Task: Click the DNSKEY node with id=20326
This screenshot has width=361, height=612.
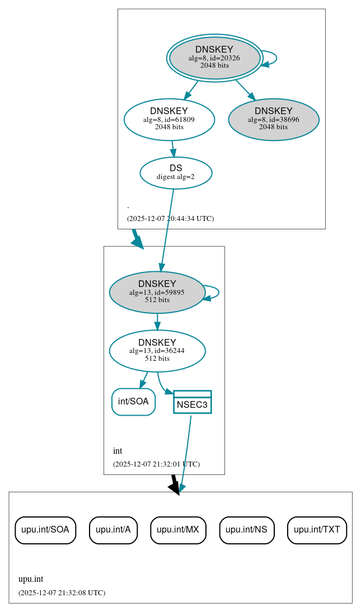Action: click(214, 58)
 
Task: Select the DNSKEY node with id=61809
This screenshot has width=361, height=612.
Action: click(169, 119)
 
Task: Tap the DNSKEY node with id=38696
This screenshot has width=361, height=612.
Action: click(273, 119)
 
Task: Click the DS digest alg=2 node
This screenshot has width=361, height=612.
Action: click(176, 173)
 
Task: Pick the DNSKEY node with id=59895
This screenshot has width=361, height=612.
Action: click(157, 292)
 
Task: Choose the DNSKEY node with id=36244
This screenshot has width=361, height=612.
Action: click(157, 351)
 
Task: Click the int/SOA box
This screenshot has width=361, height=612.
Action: click(133, 402)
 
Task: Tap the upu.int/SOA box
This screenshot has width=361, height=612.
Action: click(45, 530)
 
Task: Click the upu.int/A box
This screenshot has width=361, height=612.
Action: click(113, 530)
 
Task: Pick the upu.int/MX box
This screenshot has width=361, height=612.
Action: click(178, 530)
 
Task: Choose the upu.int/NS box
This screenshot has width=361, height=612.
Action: click(246, 530)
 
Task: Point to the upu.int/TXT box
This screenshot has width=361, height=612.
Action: click(317, 530)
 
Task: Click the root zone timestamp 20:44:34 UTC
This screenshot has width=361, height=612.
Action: click(170, 219)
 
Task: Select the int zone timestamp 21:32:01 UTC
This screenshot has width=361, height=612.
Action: click(156, 464)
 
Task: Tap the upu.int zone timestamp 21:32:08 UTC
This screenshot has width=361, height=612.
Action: click(62, 593)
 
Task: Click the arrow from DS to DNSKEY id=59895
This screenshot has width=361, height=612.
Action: click(167, 229)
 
